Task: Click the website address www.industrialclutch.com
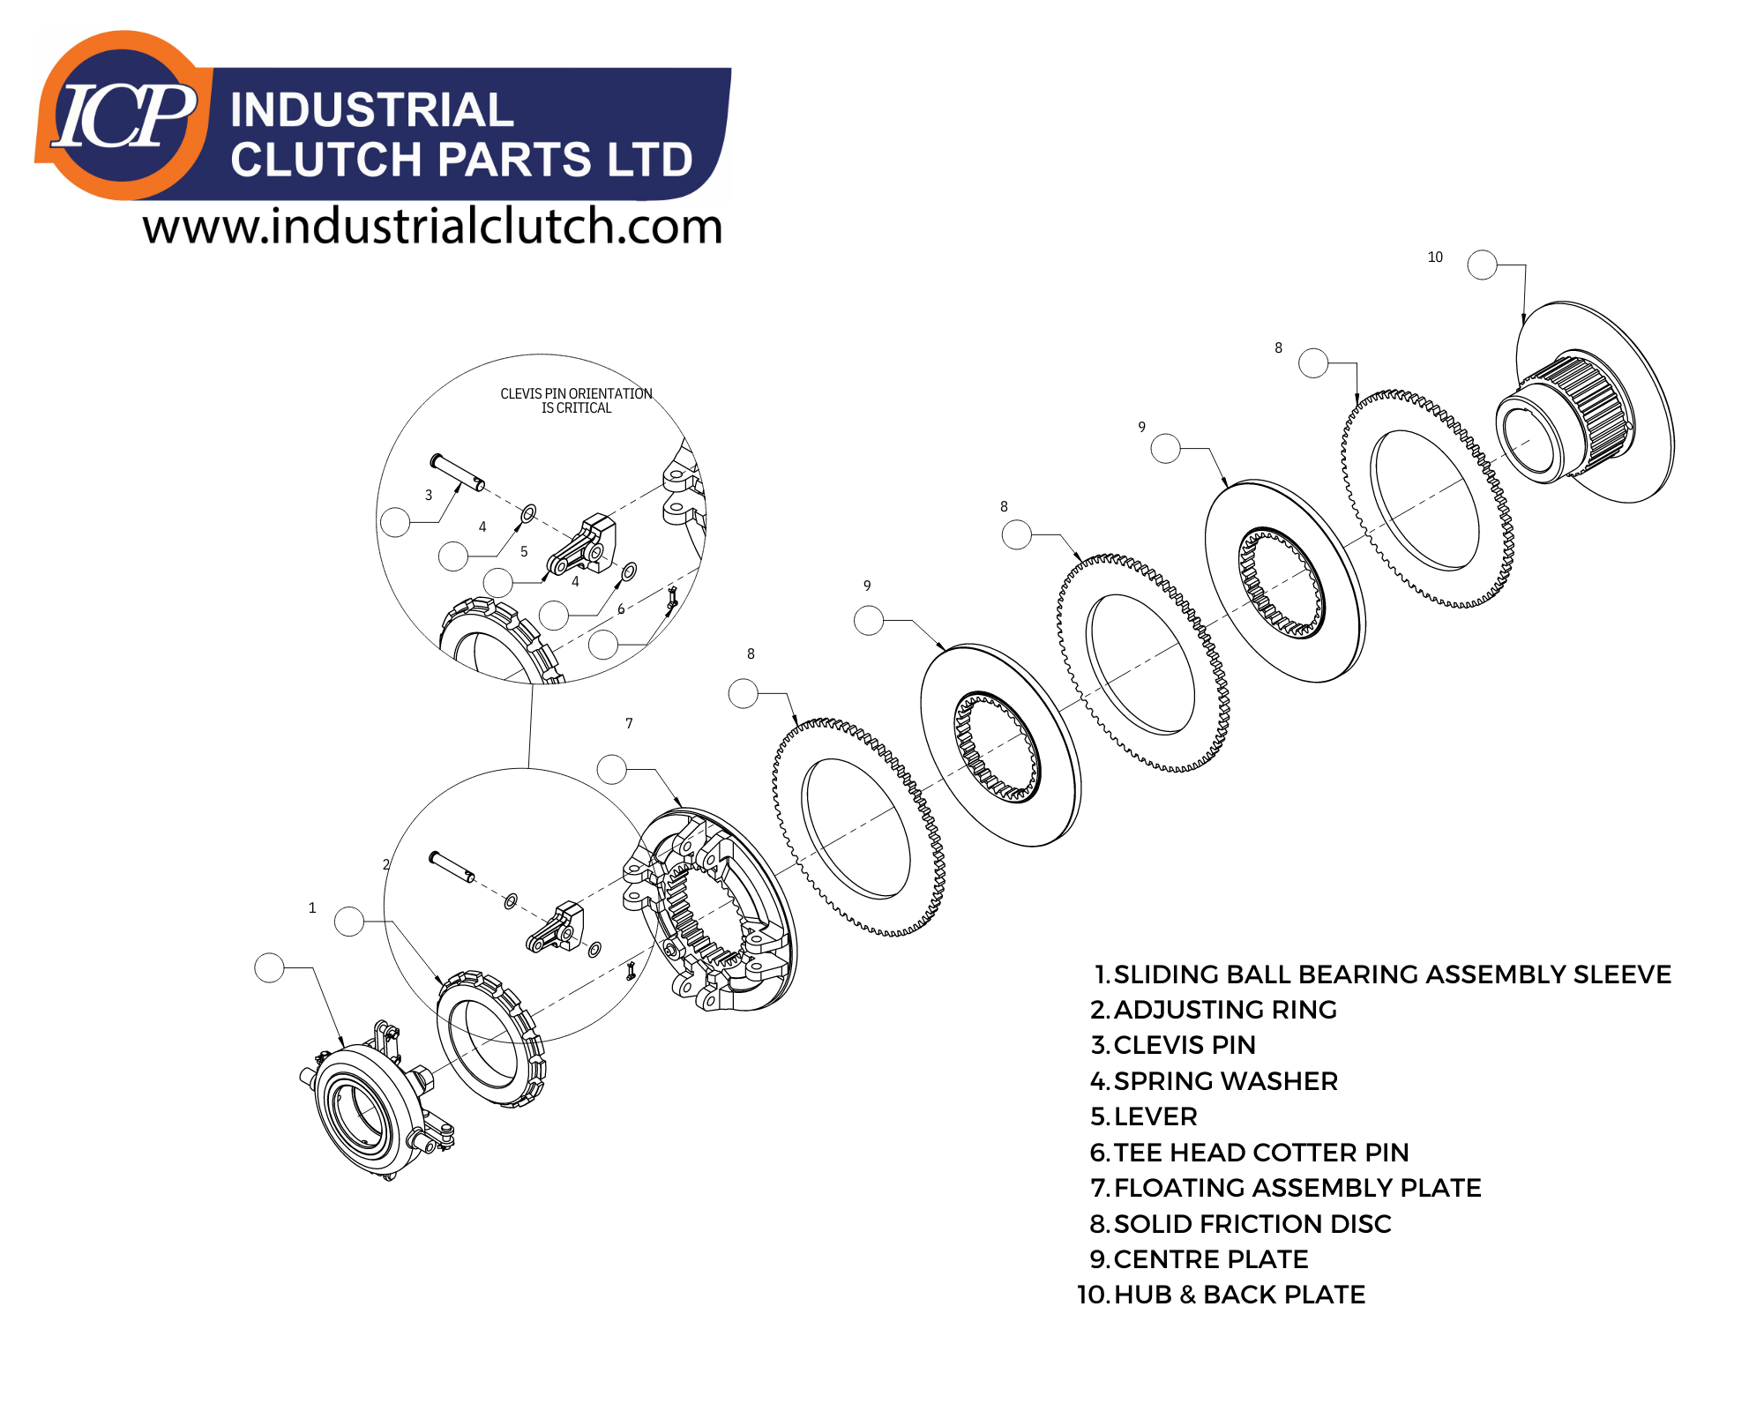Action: [x=432, y=227]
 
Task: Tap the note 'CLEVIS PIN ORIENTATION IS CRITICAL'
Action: [x=576, y=400]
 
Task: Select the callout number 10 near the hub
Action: [x=1435, y=257]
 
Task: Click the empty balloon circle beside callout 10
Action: [x=1482, y=265]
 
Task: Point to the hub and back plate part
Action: [x=1588, y=406]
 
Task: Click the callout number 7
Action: [x=629, y=723]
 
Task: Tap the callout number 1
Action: [x=311, y=907]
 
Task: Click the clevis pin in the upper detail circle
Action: [x=457, y=473]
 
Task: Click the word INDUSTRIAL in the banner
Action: [x=371, y=110]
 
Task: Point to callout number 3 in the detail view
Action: [x=429, y=495]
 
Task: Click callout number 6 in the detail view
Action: [x=621, y=608]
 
